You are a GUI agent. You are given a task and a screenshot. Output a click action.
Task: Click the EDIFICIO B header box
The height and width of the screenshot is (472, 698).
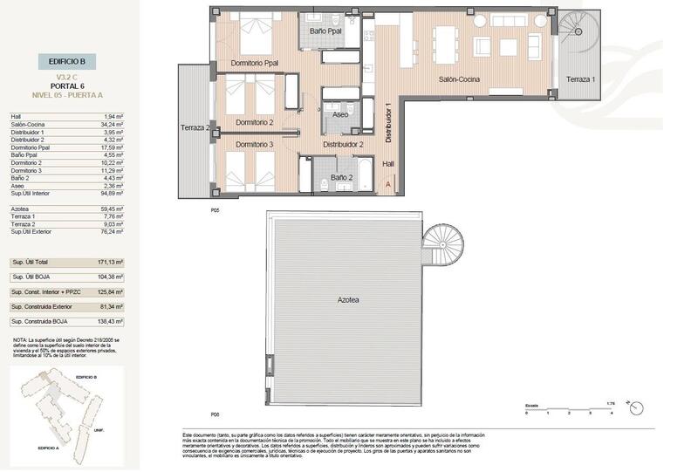coord(65,61)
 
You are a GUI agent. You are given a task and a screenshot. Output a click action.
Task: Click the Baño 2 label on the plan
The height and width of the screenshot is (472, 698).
coord(341,179)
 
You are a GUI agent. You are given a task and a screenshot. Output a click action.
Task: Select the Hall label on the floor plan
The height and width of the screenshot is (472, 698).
coord(388,162)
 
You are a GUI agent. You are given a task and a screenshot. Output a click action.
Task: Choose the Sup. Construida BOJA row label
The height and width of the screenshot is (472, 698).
coord(42,321)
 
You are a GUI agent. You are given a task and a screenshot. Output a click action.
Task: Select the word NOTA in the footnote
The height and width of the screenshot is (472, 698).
coord(21,339)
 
